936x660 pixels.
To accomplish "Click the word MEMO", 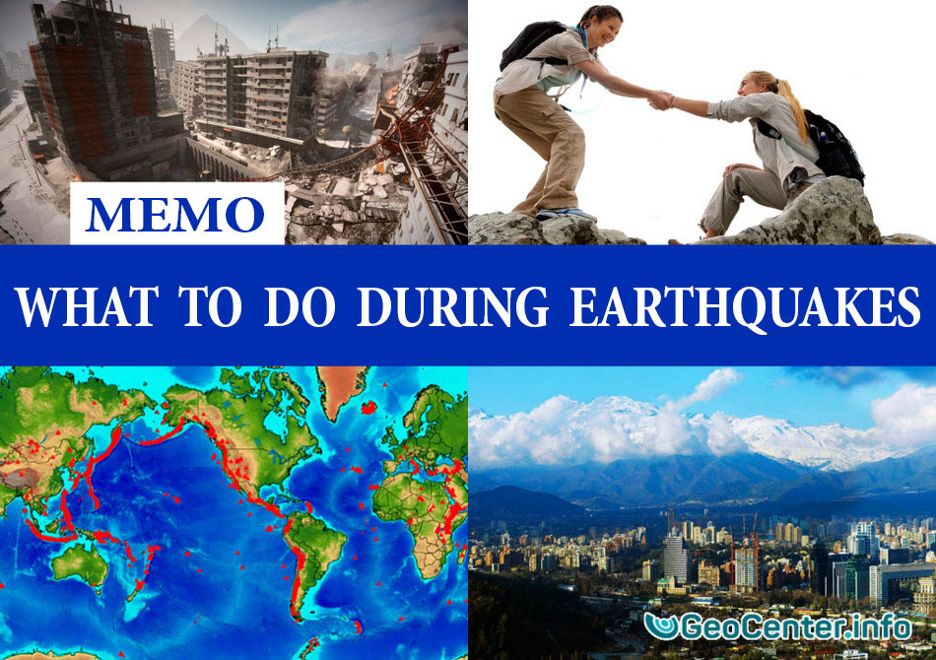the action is (175, 214).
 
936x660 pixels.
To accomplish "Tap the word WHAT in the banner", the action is (87, 306).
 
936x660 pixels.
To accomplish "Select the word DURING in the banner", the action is (452, 306).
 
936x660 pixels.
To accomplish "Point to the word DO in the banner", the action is (300, 306).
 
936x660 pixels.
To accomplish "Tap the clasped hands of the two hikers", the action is (661, 99).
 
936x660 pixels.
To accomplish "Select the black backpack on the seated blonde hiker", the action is (833, 145).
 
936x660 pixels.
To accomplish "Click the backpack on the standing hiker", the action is (532, 43).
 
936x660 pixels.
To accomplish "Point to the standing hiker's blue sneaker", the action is (563, 213).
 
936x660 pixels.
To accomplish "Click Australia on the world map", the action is (80, 564).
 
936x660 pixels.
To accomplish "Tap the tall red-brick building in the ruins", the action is (95, 90).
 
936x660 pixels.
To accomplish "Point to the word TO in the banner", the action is (210, 306).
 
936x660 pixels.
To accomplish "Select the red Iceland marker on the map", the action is (368, 408).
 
